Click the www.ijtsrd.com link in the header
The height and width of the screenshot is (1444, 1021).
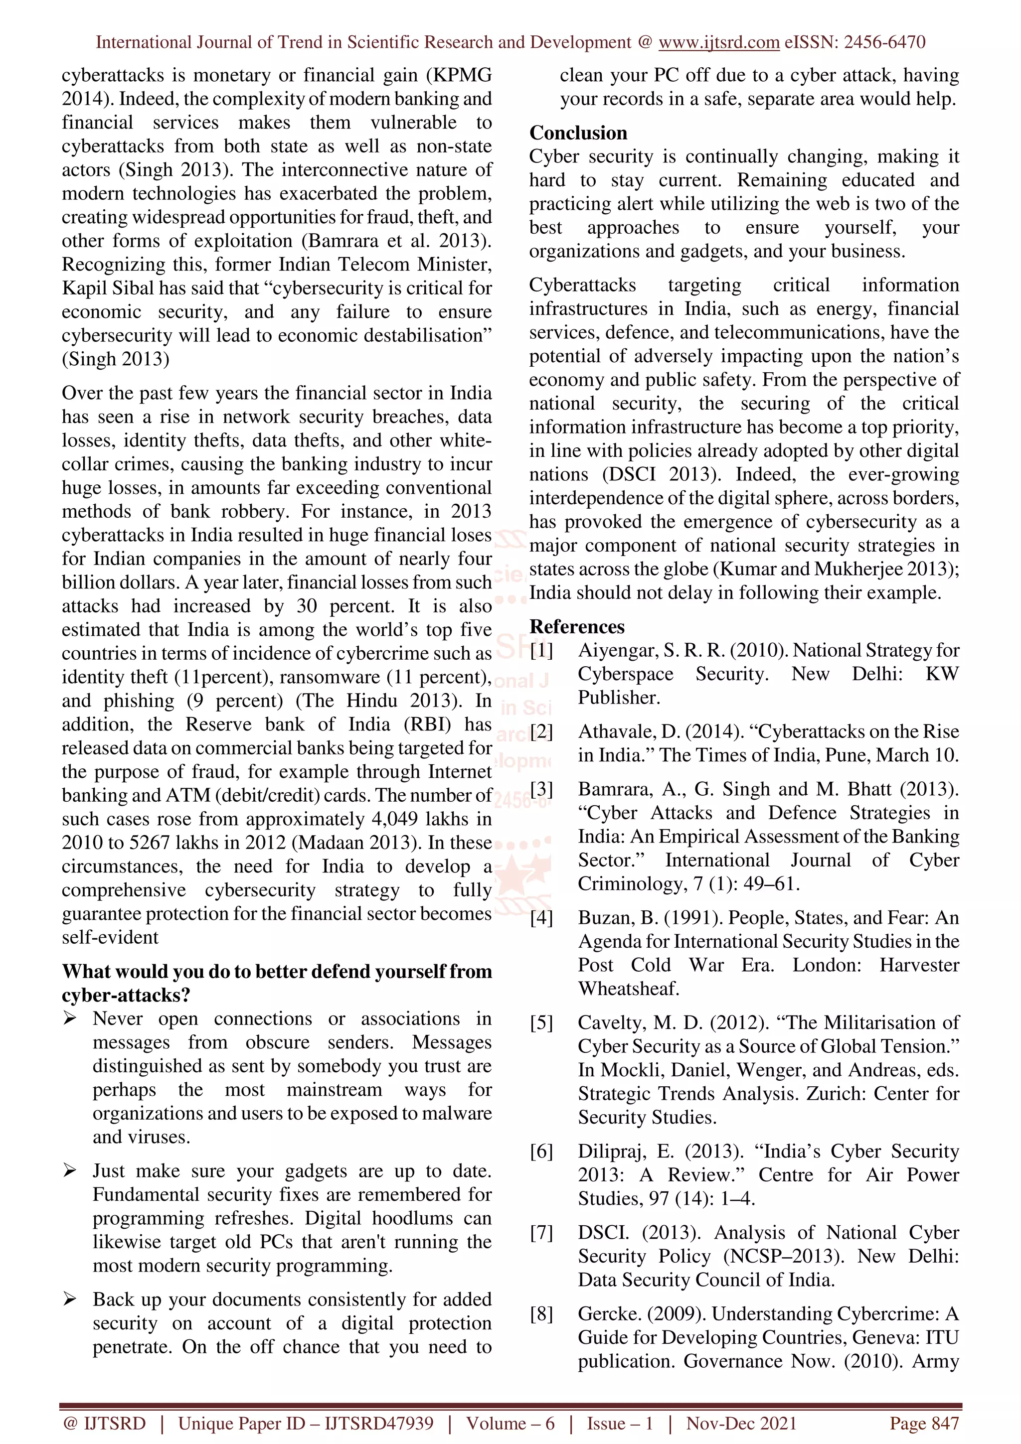(718, 42)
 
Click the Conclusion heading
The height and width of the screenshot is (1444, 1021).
(578, 133)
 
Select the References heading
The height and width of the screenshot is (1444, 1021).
(577, 626)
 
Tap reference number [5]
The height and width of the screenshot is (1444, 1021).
(541, 1022)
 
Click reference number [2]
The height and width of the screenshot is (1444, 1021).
(541, 731)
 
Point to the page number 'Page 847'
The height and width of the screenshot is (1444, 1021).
(923, 1423)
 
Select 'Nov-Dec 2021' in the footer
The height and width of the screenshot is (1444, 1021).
(741, 1423)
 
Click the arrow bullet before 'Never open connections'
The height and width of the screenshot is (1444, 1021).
(70, 1018)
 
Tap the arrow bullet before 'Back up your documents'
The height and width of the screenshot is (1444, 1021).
(70, 1300)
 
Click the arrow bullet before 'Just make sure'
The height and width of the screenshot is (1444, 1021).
(70, 1170)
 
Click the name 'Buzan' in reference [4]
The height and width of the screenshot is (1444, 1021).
(606, 918)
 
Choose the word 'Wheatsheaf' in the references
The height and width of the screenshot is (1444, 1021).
(627, 989)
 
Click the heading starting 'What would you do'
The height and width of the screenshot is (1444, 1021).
(277, 972)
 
